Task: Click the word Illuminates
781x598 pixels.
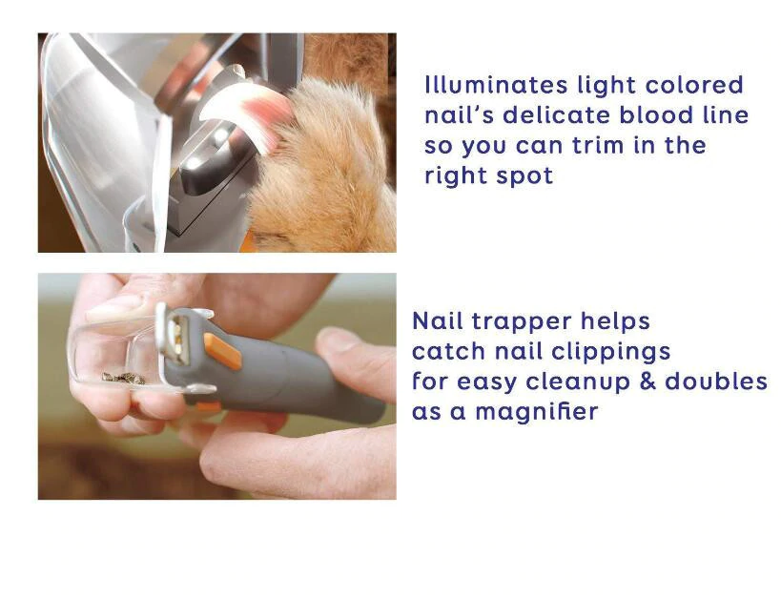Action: pos(496,85)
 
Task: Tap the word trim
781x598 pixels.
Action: pos(597,145)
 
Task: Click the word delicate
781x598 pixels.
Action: pos(556,114)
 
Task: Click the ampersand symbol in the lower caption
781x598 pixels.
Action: pos(647,381)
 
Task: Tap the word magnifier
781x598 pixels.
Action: pos(537,412)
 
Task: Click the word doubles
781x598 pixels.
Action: pos(716,381)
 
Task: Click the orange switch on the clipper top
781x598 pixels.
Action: pos(222,351)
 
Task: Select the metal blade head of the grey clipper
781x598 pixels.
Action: pos(175,331)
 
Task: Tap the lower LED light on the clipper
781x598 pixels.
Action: pos(195,162)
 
